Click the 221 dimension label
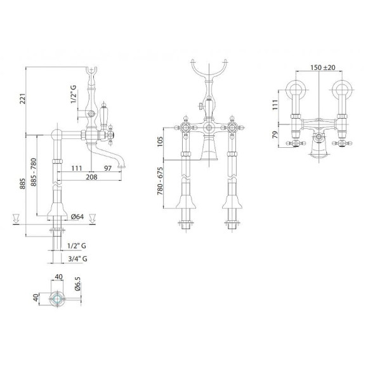22,99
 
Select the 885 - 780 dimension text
34,173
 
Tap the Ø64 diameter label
77,216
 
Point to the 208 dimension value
91,177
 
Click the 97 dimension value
108,168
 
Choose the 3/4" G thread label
77,259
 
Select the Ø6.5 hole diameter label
78,284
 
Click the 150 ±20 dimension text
323,67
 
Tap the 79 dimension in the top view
275,135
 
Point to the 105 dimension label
160,141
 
